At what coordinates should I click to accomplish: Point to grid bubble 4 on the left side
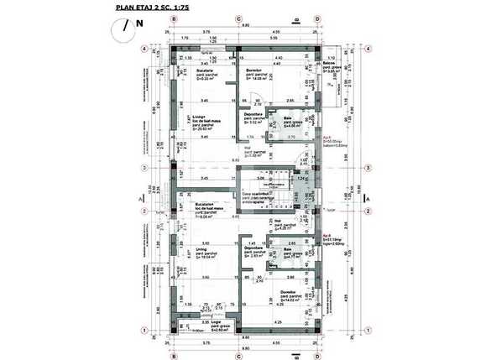pos(144,49)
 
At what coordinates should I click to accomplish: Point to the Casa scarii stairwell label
pos(258,194)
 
